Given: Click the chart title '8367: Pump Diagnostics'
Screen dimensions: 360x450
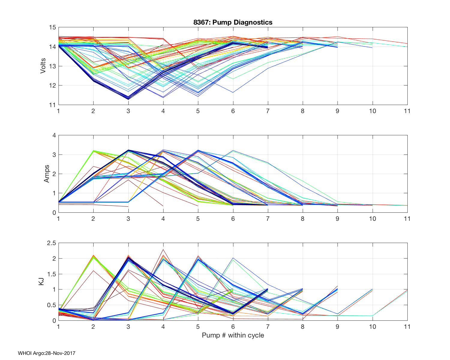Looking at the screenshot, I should pos(233,22).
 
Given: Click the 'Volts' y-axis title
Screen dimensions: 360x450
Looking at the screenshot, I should pos(43,66).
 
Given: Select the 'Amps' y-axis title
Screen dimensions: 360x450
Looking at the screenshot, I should pos(46,174).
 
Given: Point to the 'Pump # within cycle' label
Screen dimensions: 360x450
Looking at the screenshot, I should pos(233,335).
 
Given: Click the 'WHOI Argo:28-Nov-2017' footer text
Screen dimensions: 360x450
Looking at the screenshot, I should pos(46,353).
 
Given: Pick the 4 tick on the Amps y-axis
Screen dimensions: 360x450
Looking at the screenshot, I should pos(54,135).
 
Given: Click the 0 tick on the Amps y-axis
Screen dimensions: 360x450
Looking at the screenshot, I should pos(54,212).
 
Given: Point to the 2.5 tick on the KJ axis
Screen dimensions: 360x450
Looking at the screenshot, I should pos(51,243).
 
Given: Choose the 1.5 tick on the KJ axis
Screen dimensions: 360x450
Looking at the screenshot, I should pos(51,274).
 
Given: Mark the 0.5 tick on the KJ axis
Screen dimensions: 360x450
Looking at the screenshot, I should pos(51,305).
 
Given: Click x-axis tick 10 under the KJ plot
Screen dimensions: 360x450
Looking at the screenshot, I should pos(372,327).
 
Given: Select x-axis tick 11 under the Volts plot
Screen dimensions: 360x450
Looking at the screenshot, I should pos(407,111).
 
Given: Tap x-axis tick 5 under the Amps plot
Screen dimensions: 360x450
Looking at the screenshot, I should pos(198,219).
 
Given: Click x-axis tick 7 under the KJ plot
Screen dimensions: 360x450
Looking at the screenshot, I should pos(268,327).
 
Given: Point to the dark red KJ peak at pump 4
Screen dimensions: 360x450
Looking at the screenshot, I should pos(163,249).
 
